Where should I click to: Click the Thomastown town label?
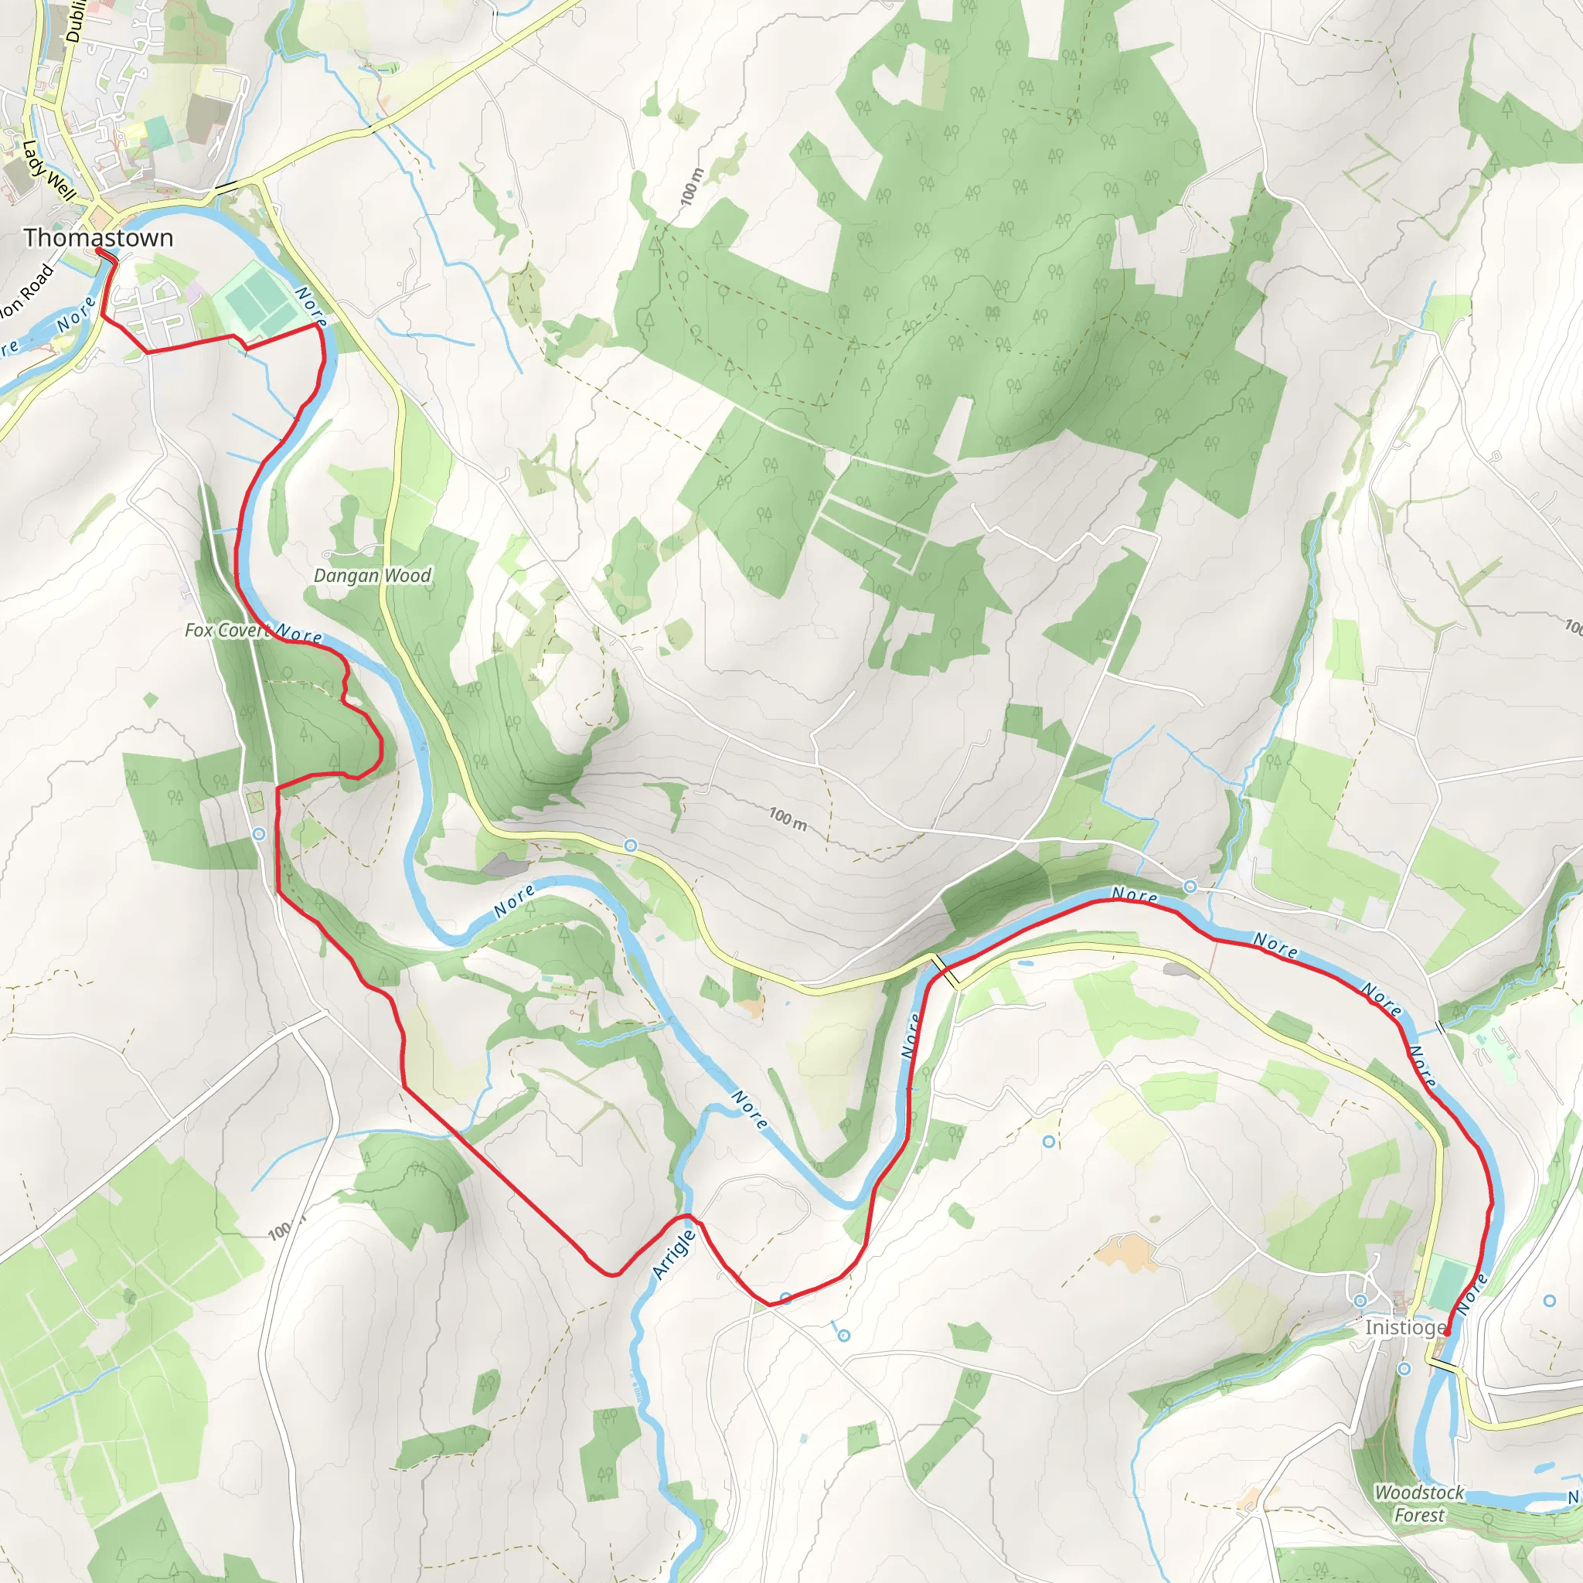pyautogui.click(x=98, y=237)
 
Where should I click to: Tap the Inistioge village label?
pyautogui.click(x=1404, y=1326)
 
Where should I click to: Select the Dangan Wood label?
pyautogui.click(x=372, y=576)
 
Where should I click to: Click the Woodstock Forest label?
pyautogui.click(x=1419, y=1503)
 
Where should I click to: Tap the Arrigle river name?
pyautogui.click(x=673, y=1254)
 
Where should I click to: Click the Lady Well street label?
pyautogui.click(x=49, y=170)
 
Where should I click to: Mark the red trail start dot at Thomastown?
pyautogui.click(x=99, y=251)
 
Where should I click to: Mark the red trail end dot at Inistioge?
pyautogui.click(x=1447, y=1333)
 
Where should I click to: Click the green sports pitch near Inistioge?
pyautogui.click(x=1449, y=1285)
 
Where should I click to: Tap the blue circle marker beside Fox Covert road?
pyautogui.click(x=259, y=834)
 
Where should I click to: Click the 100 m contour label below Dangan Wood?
pyautogui.click(x=788, y=818)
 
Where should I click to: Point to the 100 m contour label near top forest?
pyautogui.click(x=692, y=187)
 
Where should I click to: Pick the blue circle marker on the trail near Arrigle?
pyautogui.click(x=786, y=1298)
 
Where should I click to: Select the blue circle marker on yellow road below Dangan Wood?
pyautogui.click(x=630, y=845)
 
